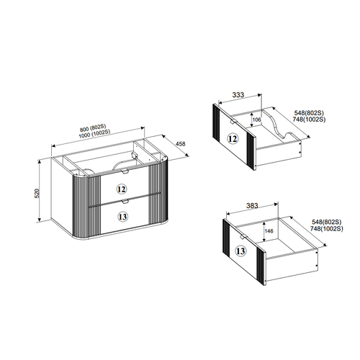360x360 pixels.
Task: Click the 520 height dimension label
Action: tap(37, 194)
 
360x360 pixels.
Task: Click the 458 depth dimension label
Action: tap(181, 144)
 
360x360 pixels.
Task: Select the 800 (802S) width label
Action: tap(93, 128)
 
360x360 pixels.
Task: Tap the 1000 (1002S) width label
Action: tap(94, 134)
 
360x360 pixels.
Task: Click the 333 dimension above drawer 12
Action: tap(238, 95)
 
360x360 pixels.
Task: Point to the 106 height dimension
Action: tap(257, 120)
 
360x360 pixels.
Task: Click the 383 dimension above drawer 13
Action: tap(252, 205)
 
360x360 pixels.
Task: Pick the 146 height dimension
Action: tap(269, 231)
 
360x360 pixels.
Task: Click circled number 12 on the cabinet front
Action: tap(122, 189)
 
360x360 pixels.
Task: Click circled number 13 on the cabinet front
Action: tap(122, 217)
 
